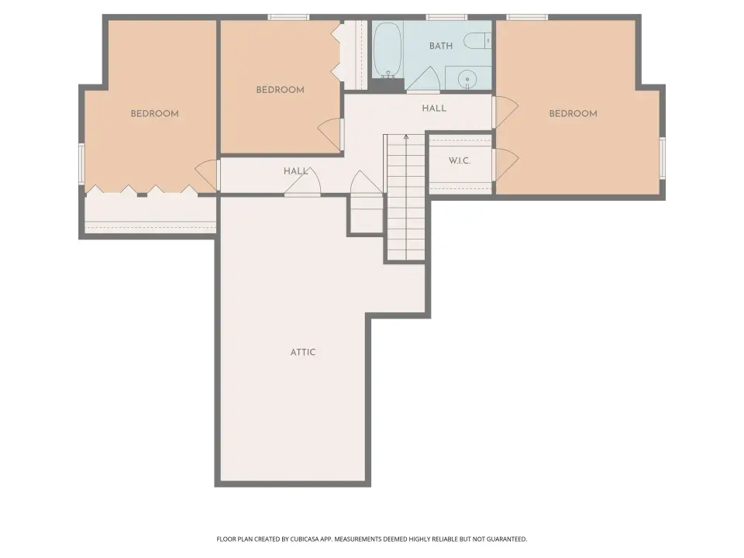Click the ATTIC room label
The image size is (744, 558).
click(303, 352)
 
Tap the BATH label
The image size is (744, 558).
click(441, 46)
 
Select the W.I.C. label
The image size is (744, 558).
click(460, 161)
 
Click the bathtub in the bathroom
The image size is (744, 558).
click(387, 50)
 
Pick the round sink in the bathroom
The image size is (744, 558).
click(467, 79)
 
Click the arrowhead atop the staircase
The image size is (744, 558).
click(405, 137)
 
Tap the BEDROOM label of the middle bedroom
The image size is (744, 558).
click(280, 90)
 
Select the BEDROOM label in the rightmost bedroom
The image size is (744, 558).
click(573, 113)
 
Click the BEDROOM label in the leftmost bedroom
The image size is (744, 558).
click(155, 113)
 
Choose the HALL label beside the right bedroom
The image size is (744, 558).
click(434, 108)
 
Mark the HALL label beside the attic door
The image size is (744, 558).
click(295, 170)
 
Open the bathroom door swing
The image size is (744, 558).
click(423, 79)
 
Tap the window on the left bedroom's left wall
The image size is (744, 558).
click(81, 164)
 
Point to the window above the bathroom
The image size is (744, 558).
click(446, 18)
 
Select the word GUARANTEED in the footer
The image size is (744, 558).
click(508, 539)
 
